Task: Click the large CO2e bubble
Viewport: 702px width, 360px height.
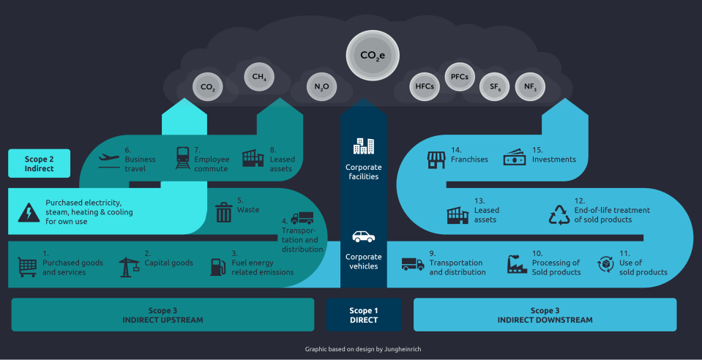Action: (373, 55)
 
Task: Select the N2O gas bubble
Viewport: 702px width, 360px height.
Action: (322, 87)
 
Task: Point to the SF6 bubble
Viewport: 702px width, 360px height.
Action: (494, 87)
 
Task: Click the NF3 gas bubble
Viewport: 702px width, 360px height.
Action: (530, 87)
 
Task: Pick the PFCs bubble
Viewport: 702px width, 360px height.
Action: (460, 75)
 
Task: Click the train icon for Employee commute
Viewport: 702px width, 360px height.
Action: (183, 158)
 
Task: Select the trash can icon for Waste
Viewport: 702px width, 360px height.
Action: (223, 212)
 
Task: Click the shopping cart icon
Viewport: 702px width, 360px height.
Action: (27, 267)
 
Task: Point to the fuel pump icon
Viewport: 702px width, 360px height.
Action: (217, 267)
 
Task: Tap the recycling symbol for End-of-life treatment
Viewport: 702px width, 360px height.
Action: (559, 215)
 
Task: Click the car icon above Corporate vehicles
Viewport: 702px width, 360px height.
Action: (364, 236)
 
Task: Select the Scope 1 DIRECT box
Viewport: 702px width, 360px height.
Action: (364, 315)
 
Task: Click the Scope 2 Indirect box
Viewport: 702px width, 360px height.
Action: (40, 163)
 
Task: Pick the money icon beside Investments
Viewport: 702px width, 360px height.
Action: (514, 158)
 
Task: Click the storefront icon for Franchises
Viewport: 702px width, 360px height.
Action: (436, 159)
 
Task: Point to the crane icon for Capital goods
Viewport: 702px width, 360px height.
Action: (129, 266)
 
